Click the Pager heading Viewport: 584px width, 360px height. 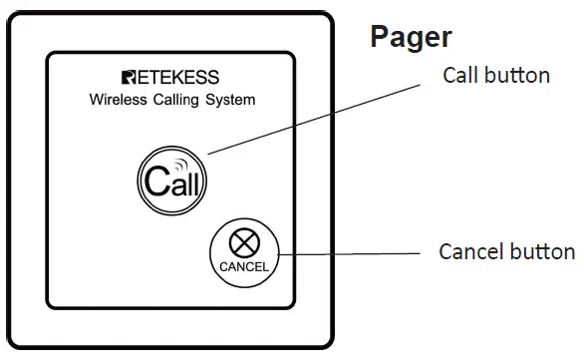pos(411,37)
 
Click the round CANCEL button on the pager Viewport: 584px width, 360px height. pos(244,253)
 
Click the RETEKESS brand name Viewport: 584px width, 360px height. pos(170,78)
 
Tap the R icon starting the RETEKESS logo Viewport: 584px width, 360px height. pos(129,78)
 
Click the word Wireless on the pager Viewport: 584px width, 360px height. pos(120,100)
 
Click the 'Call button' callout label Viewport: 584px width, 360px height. pos(496,76)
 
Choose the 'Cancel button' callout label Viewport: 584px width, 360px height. pos(506,251)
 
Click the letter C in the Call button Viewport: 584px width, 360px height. pos(152,182)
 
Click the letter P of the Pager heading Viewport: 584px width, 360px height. pos(380,37)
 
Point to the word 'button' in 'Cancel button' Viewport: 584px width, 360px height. pos(543,251)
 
